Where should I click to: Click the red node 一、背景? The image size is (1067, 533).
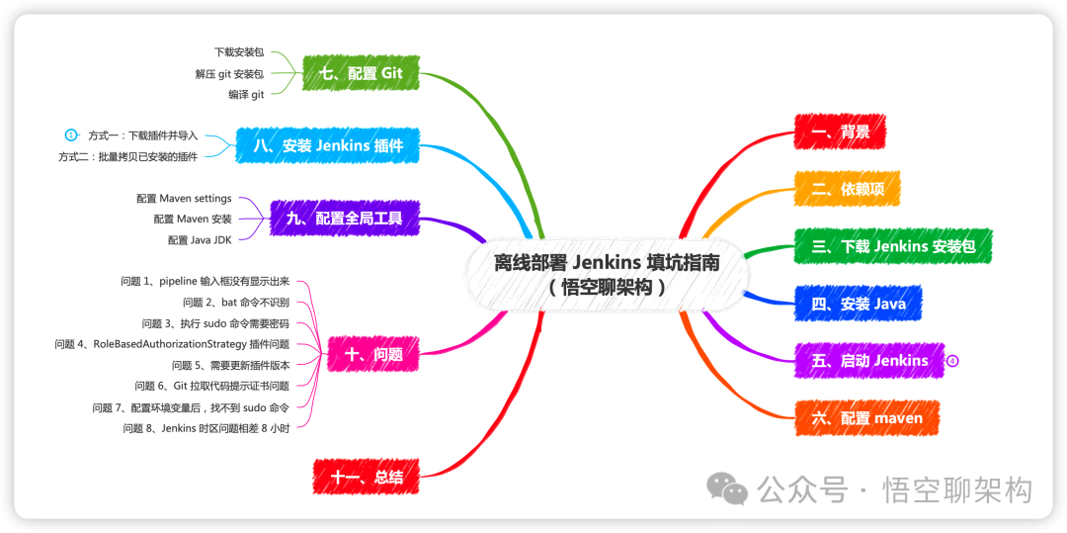[840, 132]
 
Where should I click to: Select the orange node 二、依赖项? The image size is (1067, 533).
[847, 189]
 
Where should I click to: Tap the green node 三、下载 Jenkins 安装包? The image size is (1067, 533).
[892, 246]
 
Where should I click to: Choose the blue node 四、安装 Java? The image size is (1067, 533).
[858, 304]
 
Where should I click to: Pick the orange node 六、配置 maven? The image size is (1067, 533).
[866, 418]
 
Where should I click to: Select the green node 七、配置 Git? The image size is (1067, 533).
[354, 73]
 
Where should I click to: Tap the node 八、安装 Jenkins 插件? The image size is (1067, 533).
[327, 145]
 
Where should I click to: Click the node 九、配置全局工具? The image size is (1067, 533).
[344, 219]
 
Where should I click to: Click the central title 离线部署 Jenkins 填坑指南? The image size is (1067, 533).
[607, 263]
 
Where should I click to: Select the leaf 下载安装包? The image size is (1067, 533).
[239, 51]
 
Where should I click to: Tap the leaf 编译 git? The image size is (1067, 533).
[246, 95]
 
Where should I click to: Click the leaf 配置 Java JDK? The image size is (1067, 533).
[200, 239]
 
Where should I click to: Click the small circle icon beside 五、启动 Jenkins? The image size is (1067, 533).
[952, 361]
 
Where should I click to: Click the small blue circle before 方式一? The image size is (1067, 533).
[71, 134]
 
